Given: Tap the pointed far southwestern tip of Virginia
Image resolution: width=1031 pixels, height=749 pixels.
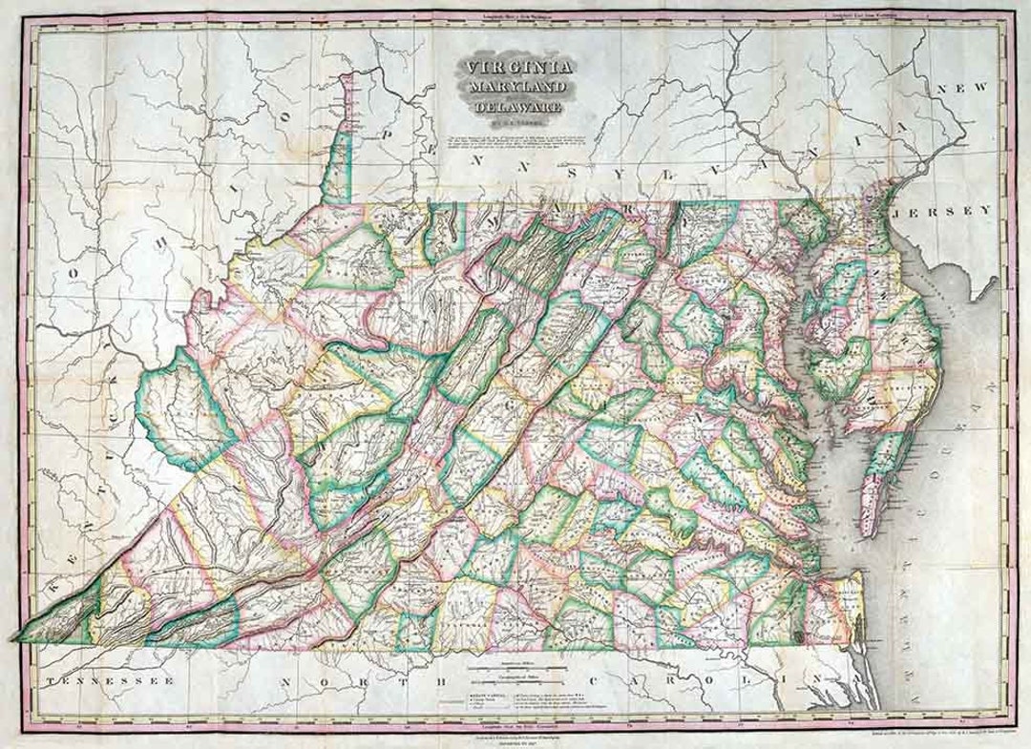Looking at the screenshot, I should click(16, 636).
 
